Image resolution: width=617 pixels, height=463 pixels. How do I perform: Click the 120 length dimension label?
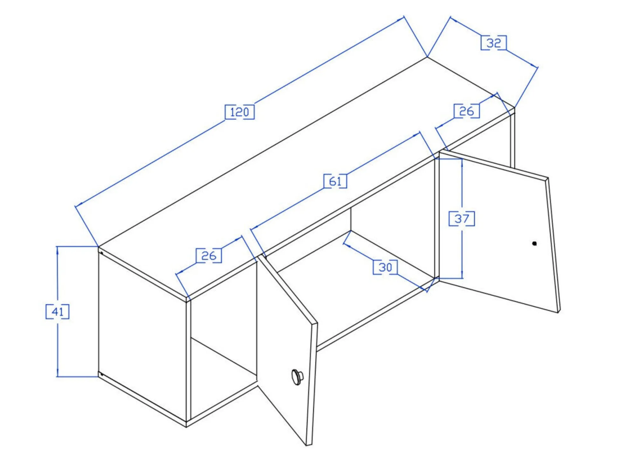click(x=239, y=112)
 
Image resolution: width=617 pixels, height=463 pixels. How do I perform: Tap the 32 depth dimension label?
click(x=494, y=43)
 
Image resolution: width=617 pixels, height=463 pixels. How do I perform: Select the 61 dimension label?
click(x=335, y=181)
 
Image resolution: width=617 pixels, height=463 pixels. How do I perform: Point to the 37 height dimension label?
click(x=461, y=219)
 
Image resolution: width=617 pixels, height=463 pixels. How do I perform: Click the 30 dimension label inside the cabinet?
click(x=385, y=267)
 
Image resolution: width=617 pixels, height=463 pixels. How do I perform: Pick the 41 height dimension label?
click(x=58, y=312)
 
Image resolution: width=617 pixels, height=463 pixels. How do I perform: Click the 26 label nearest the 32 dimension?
click(x=467, y=111)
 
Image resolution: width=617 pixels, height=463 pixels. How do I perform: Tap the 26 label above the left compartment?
click(x=209, y=256)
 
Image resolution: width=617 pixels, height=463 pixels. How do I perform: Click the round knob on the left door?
click(x=297, y=377)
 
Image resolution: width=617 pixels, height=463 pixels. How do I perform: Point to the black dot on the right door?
click(x=534, y=243)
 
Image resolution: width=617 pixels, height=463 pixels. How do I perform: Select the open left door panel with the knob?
click(x=288, y=350)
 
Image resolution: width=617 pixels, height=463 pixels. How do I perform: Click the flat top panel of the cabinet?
click(x=305, y=178)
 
